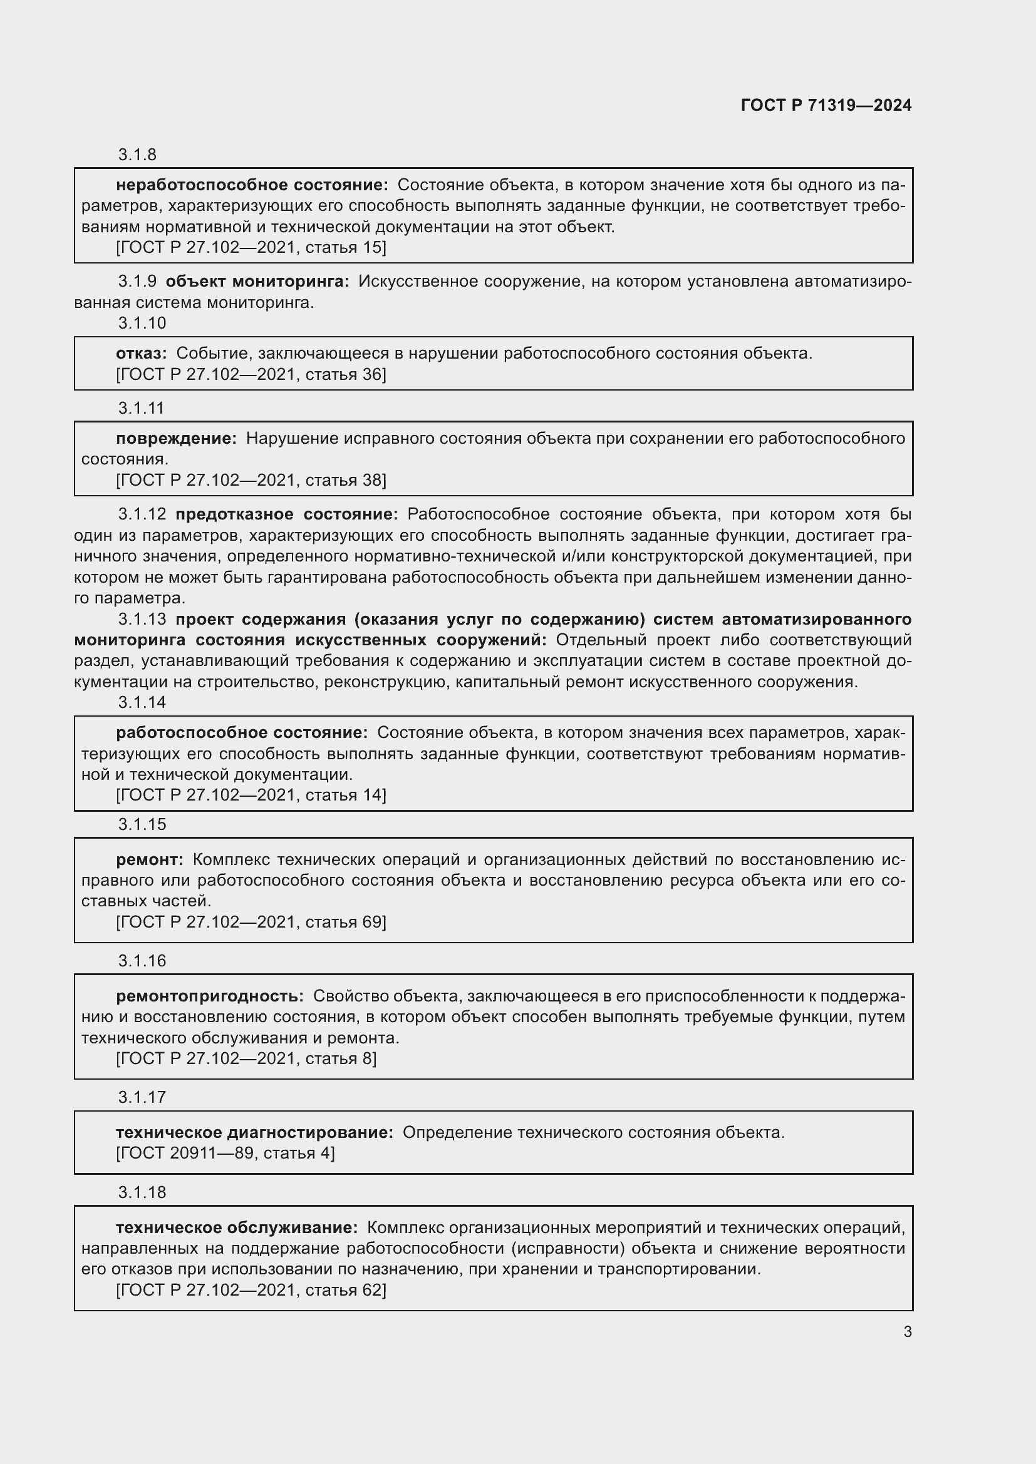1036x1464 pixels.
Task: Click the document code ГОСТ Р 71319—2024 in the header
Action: point(826,105)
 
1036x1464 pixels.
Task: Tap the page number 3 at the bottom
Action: point(907,1331)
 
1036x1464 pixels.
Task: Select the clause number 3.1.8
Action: point(137,155)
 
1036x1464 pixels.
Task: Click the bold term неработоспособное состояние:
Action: point(252,185)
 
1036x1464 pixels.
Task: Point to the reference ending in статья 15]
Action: point(251,247)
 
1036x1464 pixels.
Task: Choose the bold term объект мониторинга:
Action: point(257,281)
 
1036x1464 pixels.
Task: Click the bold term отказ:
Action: point(141,353)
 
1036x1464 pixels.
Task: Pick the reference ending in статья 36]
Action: point(251,374)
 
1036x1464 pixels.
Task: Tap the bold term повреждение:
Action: point(176,438)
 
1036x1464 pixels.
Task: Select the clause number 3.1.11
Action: point(142,407)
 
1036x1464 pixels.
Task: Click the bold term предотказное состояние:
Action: point(286,514)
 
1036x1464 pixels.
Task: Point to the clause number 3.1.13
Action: point(142,619)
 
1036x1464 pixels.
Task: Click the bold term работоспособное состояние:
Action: point(242,733)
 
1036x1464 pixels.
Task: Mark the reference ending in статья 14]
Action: point(251,795)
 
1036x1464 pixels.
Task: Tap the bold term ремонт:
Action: point(149,859)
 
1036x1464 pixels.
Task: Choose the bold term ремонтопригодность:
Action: point(210,996)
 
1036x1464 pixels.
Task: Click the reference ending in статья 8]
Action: point(246,1058)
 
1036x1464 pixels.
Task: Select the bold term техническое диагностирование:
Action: point(254,1132)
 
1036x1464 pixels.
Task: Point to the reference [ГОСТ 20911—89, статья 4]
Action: point(225,1153)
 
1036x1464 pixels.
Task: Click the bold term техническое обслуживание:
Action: point(237,1227)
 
